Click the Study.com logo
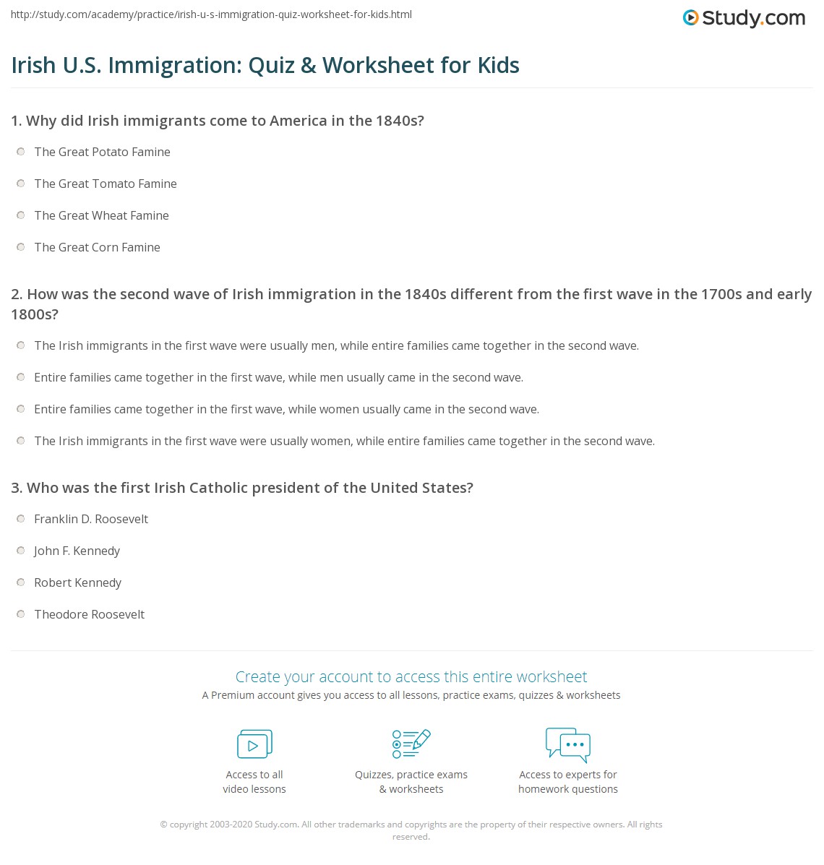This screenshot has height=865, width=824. click(744, 18)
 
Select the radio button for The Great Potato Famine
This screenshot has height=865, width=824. click(21, 152)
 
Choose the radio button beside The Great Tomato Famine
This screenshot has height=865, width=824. click(21, 184)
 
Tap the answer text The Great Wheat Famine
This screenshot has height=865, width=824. click(101, 215)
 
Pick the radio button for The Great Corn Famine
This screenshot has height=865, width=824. click(21, 247)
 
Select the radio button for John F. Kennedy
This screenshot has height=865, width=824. click(21, 551)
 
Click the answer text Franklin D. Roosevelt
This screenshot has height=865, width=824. click(91, 519)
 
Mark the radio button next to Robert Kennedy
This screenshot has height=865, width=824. click(21, 582)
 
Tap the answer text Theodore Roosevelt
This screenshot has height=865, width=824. click(90, 614)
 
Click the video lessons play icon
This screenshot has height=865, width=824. click(254, 744)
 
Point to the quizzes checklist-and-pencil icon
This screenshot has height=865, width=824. click(411, 744)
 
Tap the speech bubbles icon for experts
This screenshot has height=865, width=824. click(568, 744)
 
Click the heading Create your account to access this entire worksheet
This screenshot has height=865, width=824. click(411, 676)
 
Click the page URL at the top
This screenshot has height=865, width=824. click(211, 14)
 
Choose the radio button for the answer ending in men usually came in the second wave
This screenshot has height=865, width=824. click(21, 377)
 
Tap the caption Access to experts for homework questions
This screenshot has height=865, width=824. click(568, 782)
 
